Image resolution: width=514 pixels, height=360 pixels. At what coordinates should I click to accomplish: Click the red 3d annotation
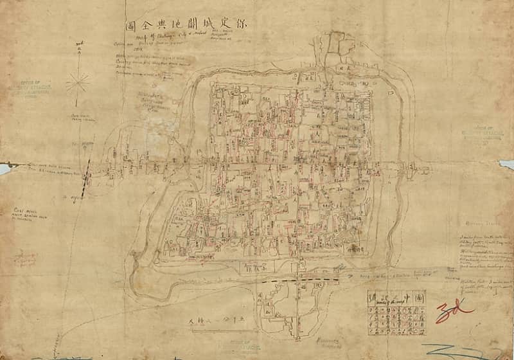(454, 313)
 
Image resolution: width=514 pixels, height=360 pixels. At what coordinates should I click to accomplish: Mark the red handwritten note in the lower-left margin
(26, 258)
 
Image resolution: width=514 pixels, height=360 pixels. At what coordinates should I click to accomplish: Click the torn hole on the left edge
(4, 168)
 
